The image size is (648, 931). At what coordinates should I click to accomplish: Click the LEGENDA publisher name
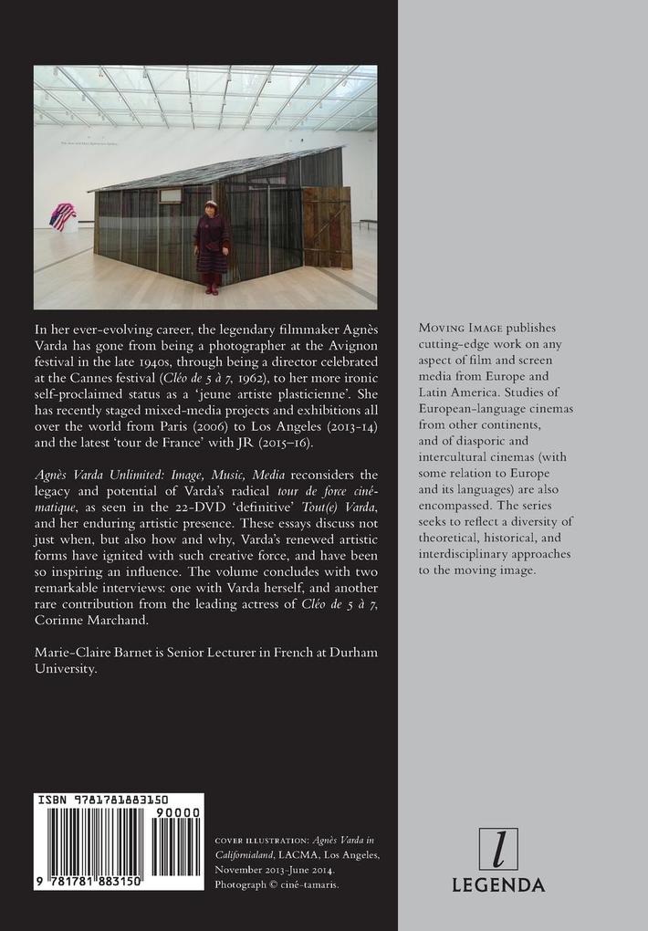pyautogui.click(x=498, y=884)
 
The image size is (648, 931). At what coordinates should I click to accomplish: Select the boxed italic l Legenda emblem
pyautogui.click(x=498, y=849)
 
